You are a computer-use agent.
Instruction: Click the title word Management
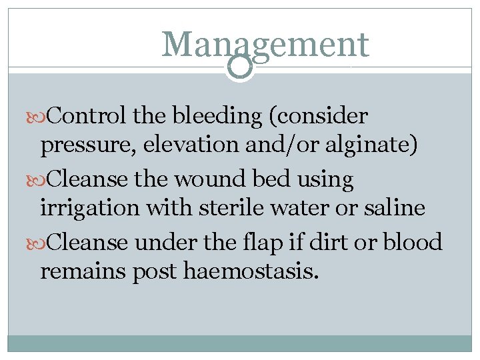pos(265,44)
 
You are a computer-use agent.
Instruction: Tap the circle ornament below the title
pos(240,67)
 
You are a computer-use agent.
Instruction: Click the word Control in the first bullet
pos(87,116)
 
